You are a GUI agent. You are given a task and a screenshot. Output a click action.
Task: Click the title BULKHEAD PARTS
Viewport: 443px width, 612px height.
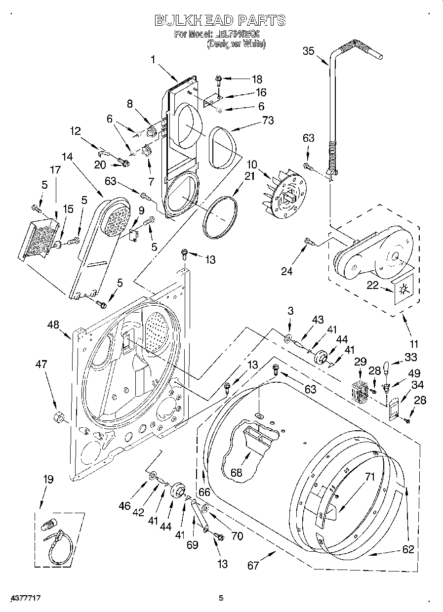point(220,20)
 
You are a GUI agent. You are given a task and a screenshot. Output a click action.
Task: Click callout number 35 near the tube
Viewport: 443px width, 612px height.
point(308,50)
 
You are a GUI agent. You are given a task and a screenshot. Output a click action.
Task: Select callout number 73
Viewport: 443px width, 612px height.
point(269,121)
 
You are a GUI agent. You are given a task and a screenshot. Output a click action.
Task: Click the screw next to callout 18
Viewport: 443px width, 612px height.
point(219,79)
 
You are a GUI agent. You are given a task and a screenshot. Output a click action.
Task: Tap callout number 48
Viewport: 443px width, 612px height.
point(53,325)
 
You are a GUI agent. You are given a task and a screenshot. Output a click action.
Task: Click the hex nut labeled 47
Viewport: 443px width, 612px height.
point(57,417)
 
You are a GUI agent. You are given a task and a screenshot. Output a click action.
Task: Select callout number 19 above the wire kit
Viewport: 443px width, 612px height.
point(48,479)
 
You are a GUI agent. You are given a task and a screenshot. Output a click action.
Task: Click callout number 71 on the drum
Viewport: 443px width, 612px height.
point(370,477)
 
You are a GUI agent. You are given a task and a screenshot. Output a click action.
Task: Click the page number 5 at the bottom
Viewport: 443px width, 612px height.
point(221,598)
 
